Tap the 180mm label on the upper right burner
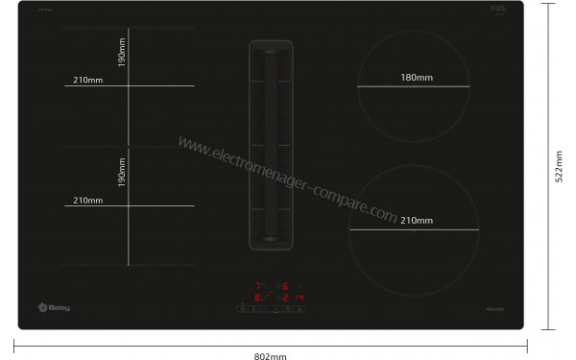tap(415, 78)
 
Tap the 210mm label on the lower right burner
tap(415, 221)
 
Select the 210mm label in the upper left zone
tap(87, 79)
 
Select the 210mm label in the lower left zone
tap(87, 200)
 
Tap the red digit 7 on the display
tap(258, 286)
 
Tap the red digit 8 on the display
tap(258, 298)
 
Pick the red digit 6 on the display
tap(285, 286)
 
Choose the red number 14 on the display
tap(299, 298)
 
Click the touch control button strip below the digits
tap(272, 310)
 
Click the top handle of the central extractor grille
tap(270, 49)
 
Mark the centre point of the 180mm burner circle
tap(414, 87)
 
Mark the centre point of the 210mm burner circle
tap(414, 230)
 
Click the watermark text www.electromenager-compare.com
tap(287, 180)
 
